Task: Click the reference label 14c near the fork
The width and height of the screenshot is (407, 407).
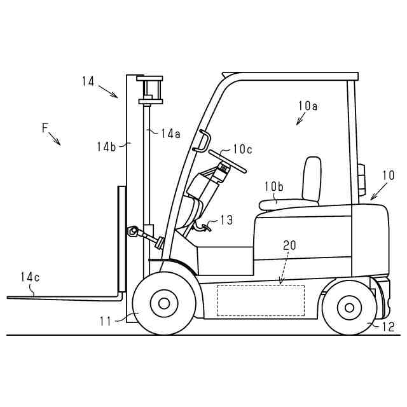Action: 30,277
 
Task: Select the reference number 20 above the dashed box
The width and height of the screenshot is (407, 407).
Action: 289,245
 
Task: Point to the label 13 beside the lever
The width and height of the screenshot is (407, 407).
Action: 226,220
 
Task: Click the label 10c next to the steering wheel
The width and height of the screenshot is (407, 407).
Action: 242,149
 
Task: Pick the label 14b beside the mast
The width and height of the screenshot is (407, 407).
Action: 106,146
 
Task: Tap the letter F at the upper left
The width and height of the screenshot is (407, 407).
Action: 45,128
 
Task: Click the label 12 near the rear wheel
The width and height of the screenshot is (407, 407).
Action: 388,327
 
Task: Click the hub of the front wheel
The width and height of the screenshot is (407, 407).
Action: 164,303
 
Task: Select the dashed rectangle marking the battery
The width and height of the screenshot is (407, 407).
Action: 261,300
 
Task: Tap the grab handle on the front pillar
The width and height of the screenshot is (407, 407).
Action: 203,141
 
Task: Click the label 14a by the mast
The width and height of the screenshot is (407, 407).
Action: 170,134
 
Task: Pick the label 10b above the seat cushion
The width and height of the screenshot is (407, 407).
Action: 274,186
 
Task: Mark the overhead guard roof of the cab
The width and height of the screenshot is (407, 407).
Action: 289,76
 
